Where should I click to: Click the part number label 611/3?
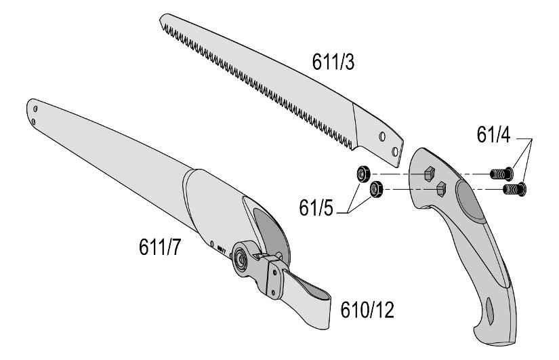[333, 62]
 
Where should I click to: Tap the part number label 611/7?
[160, 247]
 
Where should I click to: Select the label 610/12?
[367, 310]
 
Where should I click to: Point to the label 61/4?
[493, 135]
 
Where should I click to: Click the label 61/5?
[316, 207]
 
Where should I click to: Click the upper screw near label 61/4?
[502, 174]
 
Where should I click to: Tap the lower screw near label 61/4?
[514, 188]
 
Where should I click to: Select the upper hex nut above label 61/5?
[363, 174]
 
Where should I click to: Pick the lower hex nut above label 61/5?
[376, 188]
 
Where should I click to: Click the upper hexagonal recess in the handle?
[429, 174]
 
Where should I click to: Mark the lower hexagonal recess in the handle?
[441, 188]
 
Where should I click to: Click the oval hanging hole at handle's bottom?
[489, 311]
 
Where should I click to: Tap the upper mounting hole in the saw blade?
[382, 136]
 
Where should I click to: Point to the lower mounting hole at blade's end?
[394, 152]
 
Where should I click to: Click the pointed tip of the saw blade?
[161, 18]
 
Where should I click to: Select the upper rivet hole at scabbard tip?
[35, 108]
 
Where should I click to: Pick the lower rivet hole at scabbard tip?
[33, 121]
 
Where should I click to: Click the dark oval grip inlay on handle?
[472, 200]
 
